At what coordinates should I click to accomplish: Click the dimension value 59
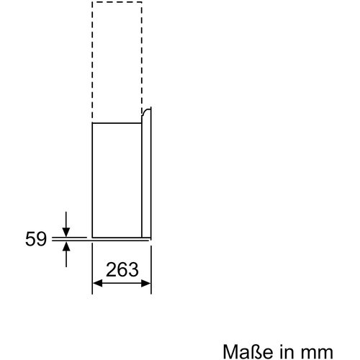coord(35,239)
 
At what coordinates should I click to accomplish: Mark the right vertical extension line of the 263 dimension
coord(151,270)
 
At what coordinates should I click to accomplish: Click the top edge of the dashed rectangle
coord(117,3)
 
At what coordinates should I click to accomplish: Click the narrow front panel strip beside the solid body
coord(147,180)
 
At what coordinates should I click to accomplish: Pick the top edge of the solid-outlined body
coord(117,122)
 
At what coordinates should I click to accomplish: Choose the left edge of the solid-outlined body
coord(92,180)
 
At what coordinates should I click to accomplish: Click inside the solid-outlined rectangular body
coord(117,180)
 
